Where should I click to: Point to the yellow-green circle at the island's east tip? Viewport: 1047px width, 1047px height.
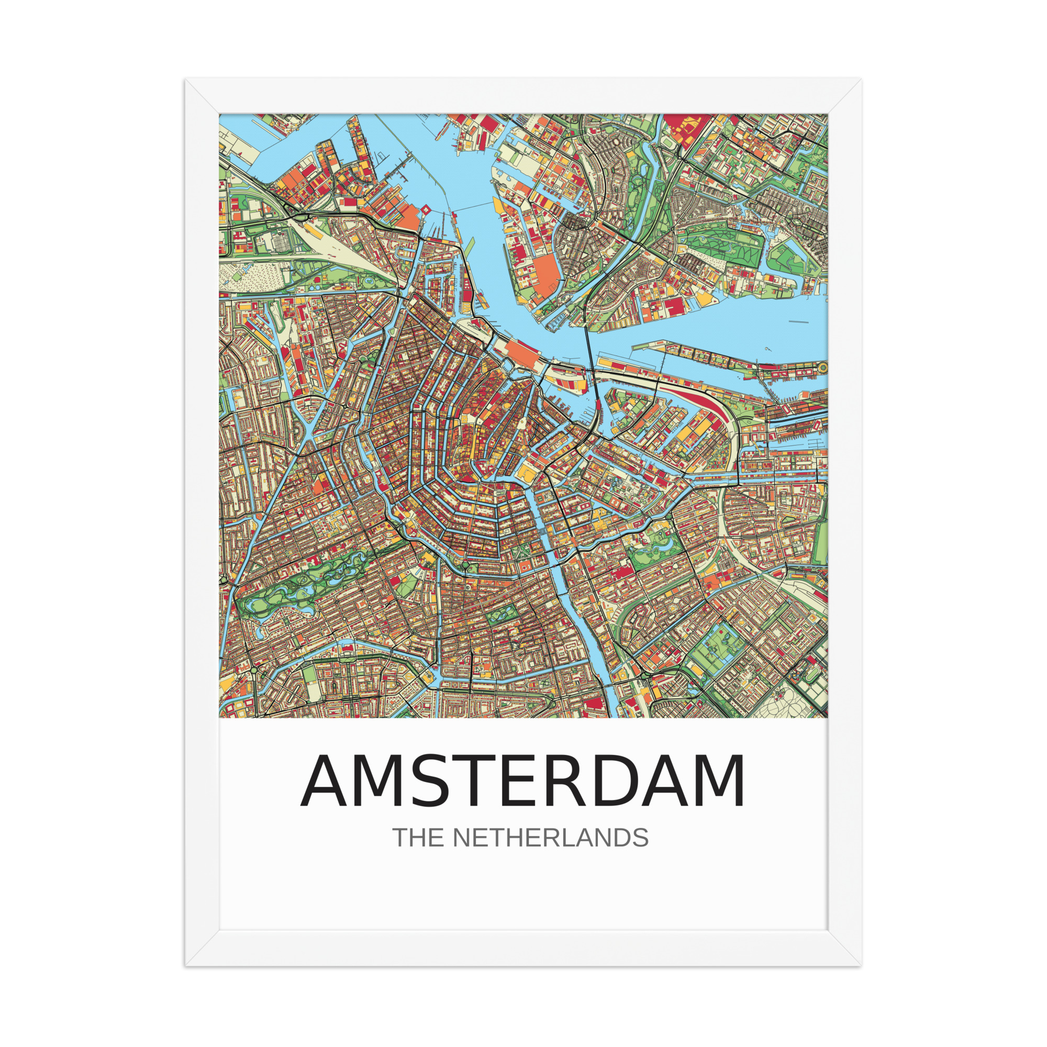(x=822, y=367)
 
